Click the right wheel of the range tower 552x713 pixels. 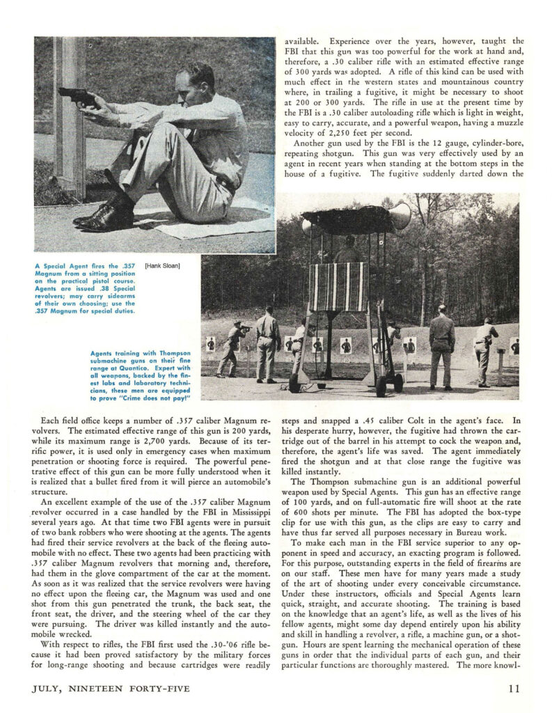397,381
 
